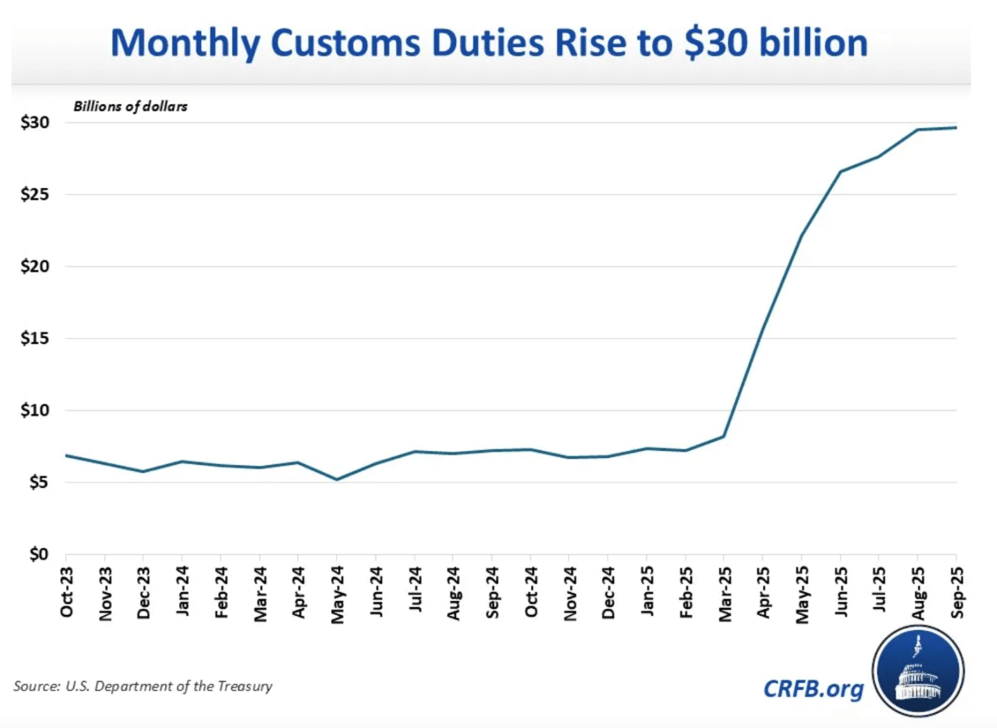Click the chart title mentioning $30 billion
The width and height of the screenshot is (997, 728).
488,43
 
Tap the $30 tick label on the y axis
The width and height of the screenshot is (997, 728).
35,123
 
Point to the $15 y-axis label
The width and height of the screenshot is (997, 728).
35,339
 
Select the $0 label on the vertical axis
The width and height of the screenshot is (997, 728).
38,554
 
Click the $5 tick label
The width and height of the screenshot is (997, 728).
38,482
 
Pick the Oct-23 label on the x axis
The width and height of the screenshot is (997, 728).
67,592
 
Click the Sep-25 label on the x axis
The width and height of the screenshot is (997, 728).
957,592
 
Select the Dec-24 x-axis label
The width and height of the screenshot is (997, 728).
608,593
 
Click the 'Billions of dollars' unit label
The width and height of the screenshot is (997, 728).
130,107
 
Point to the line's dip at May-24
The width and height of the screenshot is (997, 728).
337,479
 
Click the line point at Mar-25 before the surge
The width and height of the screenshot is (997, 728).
724,436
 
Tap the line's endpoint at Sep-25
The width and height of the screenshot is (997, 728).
956,127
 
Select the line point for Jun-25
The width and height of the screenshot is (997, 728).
840,171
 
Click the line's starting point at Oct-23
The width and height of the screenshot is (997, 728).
67,456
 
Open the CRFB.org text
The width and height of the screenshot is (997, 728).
813,689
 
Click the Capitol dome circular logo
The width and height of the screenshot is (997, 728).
918,671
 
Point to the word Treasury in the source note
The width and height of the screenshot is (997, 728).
245,686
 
